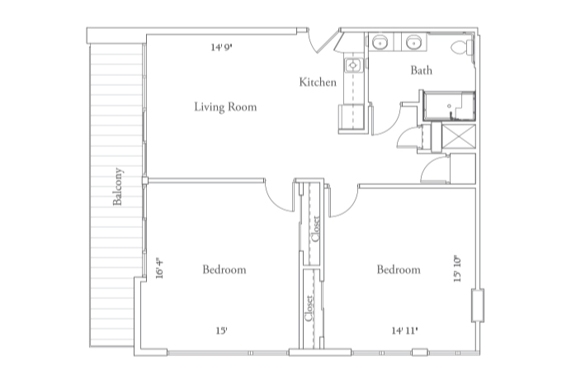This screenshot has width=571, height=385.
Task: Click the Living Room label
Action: click(225, 107)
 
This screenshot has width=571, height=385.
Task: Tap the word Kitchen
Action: click(318, 83)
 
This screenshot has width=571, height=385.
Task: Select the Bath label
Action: click(421, 71)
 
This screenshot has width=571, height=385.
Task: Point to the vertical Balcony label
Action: click(118, 188)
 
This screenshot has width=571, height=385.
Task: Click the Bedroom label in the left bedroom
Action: click(224, 270)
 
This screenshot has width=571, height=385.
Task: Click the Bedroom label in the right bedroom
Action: click(399, 270)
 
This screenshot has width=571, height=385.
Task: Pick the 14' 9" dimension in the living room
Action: click(221, 48)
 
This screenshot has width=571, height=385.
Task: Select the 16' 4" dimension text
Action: click(159, 269)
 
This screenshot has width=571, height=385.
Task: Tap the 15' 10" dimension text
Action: click(458, 270)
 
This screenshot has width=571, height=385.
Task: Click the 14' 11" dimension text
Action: click(404, 330)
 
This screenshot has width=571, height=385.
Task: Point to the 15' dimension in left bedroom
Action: click(221, 330)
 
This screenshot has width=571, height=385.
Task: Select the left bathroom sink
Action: click(381, 43)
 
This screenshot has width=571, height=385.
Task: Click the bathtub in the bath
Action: click(449, 107)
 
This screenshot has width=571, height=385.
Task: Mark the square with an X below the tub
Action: click(458, 137)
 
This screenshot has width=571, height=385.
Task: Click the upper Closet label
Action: click(314, 229)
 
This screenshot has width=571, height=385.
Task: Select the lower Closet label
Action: click(309, 310)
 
